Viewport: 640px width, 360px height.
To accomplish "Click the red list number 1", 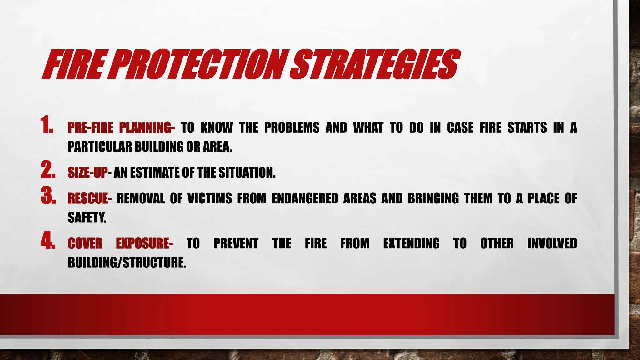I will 47,125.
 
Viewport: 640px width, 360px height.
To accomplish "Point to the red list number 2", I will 48,170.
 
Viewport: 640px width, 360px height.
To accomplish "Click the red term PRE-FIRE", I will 90,127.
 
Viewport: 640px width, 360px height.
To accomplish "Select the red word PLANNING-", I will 147,127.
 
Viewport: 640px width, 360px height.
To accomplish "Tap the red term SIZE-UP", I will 87,172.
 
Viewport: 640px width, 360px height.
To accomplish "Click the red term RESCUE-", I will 89,198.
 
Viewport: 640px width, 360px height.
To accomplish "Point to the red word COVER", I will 85,244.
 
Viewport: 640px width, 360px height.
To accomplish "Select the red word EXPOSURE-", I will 144,244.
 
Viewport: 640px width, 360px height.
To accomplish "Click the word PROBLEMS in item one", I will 292,127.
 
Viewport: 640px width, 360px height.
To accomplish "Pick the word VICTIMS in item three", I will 210,198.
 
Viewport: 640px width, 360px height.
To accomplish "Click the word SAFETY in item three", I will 87,217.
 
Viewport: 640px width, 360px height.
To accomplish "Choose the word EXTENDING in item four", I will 411,244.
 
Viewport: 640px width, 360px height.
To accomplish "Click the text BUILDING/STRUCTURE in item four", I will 127,263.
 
